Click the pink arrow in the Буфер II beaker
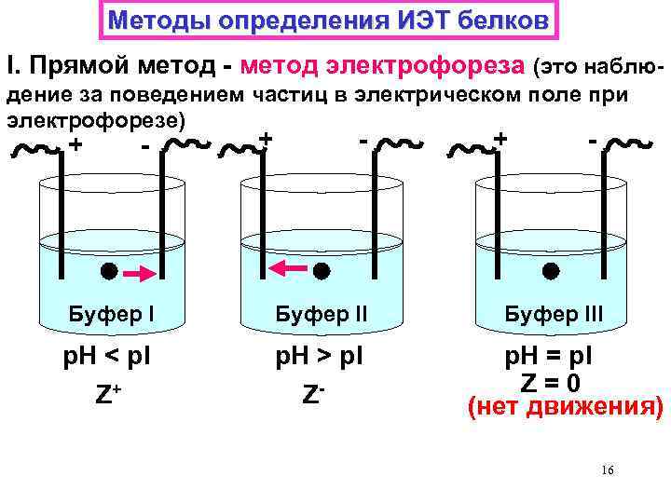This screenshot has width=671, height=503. click(x=288, y=269)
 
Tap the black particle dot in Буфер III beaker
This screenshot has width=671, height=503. click(x=551, y=271)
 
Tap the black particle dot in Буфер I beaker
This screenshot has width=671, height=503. click(x=108, y=272)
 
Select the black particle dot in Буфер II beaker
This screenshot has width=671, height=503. click(x=321, y=272)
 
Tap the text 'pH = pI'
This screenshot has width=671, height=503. click(x=551, y=359)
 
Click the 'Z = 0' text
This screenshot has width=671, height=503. click(x=550, y=383)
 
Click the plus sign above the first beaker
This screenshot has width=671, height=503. click(x=75, y=146)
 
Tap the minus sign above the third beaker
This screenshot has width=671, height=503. click(x=593, y=139)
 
